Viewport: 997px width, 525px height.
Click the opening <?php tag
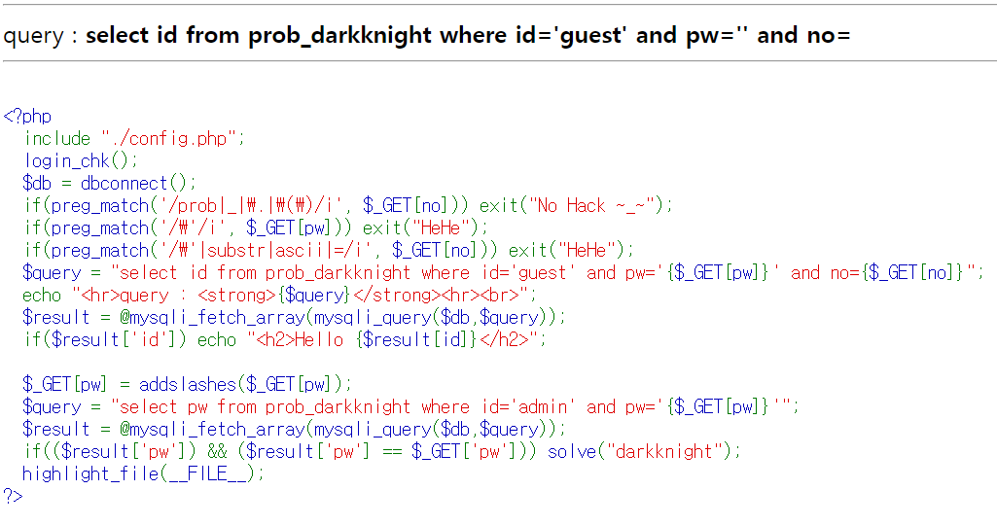[x=27, y=117]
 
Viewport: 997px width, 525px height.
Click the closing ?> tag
[x=13, y=496]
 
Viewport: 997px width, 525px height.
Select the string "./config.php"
[x=173, y=138]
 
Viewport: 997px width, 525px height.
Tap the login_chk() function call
[x=82, y=160]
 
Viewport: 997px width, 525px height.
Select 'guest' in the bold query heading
[x=591, y=36]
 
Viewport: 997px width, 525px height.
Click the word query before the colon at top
[x=34, y=36]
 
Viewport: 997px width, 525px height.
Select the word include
[x=58, y=138]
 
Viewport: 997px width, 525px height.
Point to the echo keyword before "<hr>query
[x=43, y=295]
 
